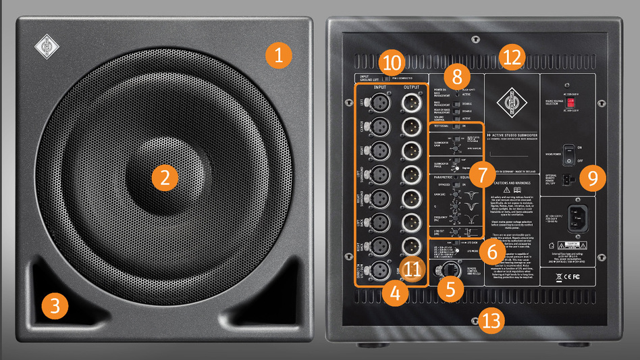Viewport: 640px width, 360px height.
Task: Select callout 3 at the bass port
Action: (x=54, y=305)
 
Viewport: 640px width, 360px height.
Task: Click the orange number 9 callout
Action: (x=592, y=178)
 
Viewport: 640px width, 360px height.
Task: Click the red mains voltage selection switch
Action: (x=570, y=103)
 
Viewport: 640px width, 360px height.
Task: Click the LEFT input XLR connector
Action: (x=379, y=102)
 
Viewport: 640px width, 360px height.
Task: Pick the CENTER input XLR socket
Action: (x=379, y=125)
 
